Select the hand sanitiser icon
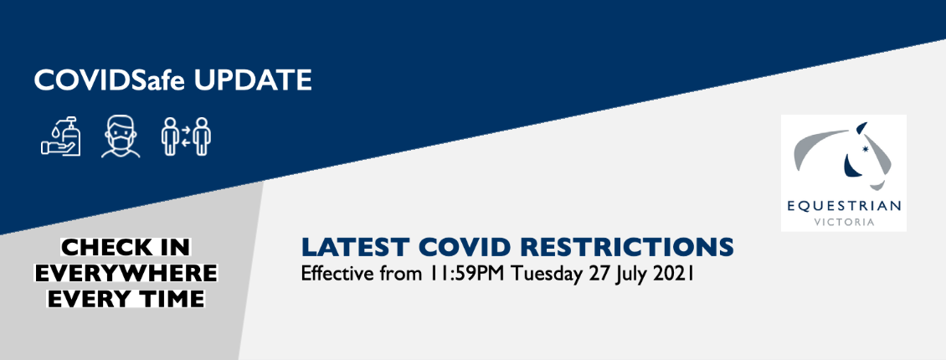(61, 136)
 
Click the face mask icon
(121, 137)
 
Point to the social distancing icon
(186, 136)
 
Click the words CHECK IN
(126, 247)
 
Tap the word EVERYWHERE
(126, 273)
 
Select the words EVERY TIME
(126, 299)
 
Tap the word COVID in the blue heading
(463, 247)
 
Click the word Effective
(339, 274)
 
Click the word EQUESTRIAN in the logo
(844, 207)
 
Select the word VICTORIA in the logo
(844, 222)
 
